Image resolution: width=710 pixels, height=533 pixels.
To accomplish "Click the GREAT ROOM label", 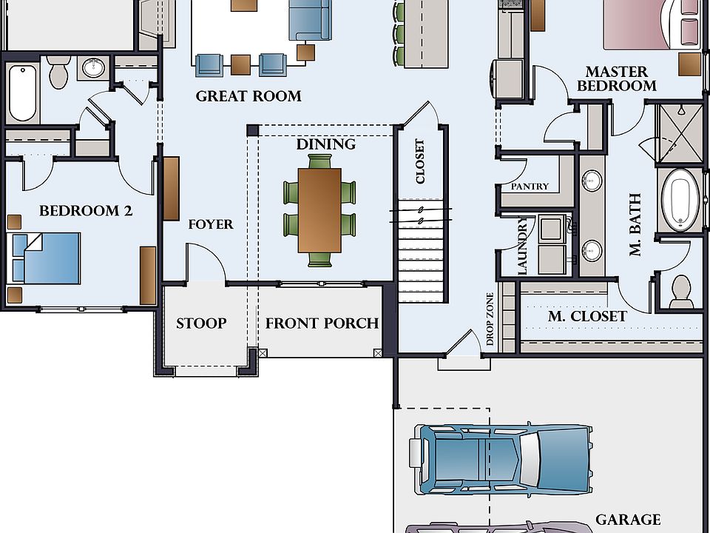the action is pos(248,96).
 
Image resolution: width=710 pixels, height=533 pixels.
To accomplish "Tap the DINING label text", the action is pos(326,144).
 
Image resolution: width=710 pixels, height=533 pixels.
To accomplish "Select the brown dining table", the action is pos(319,210).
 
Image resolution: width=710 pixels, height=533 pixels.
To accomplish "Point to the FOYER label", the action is pos(211,224).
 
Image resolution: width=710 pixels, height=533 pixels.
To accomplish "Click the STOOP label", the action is pos(201,324).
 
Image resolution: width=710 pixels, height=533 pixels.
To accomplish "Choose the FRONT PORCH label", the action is pos(322,324).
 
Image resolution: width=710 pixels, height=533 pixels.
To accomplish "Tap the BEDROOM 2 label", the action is pos(86,211).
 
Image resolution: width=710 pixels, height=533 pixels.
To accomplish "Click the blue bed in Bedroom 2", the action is pos(44,258).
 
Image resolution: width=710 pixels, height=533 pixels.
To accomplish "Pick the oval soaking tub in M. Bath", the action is pos(680,201).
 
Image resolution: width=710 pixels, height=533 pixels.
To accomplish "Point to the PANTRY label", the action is pos(530,187).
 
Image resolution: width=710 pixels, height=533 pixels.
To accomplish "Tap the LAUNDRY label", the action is pos(522,246).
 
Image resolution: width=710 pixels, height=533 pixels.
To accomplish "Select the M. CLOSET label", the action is pos(587,316).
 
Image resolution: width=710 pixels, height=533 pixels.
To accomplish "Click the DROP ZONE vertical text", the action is pos(490,319).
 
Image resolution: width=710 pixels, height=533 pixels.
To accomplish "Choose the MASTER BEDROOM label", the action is pos(616,79).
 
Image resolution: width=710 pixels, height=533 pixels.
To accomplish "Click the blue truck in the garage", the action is pos(501,459).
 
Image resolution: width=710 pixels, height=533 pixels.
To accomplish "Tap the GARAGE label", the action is pos(628,520).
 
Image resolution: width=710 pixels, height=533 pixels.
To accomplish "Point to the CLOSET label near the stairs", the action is pos(420,161).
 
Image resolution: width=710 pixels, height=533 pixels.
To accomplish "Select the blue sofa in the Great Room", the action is pos(310,20).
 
